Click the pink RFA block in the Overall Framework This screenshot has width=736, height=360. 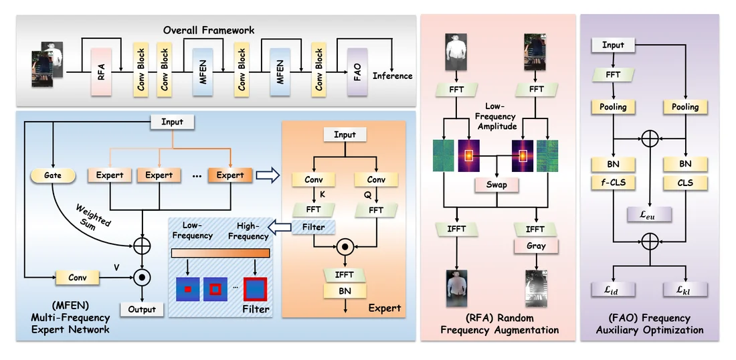102,72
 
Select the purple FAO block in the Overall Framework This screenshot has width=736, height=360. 357,72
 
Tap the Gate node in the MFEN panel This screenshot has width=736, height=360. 53,175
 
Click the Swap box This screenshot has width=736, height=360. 496,185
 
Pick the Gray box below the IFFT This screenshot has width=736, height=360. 535,246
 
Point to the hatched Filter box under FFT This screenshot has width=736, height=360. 314,228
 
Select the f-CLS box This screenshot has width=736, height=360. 613,183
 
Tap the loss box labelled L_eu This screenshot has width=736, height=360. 650,215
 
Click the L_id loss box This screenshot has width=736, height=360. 613,289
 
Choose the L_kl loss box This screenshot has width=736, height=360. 685,289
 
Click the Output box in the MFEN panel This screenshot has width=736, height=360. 142,309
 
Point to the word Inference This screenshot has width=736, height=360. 392,76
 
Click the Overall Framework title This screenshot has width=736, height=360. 209,31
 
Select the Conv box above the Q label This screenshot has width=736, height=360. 376,180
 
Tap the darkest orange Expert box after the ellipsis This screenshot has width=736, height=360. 230,175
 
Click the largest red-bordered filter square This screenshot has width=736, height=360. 256,289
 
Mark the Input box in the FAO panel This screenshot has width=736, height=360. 613,45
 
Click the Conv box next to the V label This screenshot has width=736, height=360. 78,278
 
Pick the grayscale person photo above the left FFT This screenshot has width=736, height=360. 456,52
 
